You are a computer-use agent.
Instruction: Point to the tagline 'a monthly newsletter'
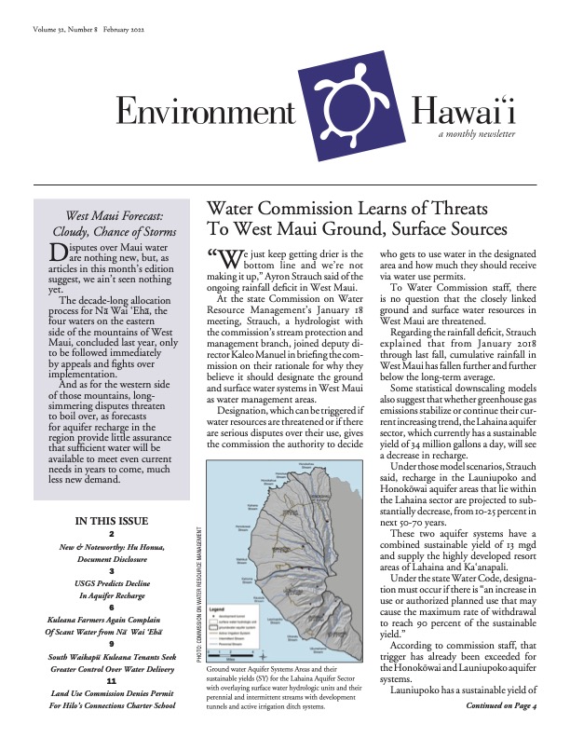[x=477, y=134]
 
